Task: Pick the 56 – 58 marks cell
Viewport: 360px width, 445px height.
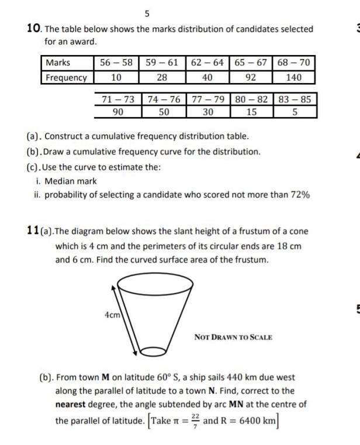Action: [x=116, y=63]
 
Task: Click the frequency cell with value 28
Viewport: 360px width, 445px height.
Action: [x=162, y=77]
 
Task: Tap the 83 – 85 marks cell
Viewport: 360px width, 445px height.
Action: [x=297, y=99]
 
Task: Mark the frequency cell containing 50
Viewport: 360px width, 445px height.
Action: [x=164, y=111]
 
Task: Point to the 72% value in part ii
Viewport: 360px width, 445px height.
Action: [x=299, y=195]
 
